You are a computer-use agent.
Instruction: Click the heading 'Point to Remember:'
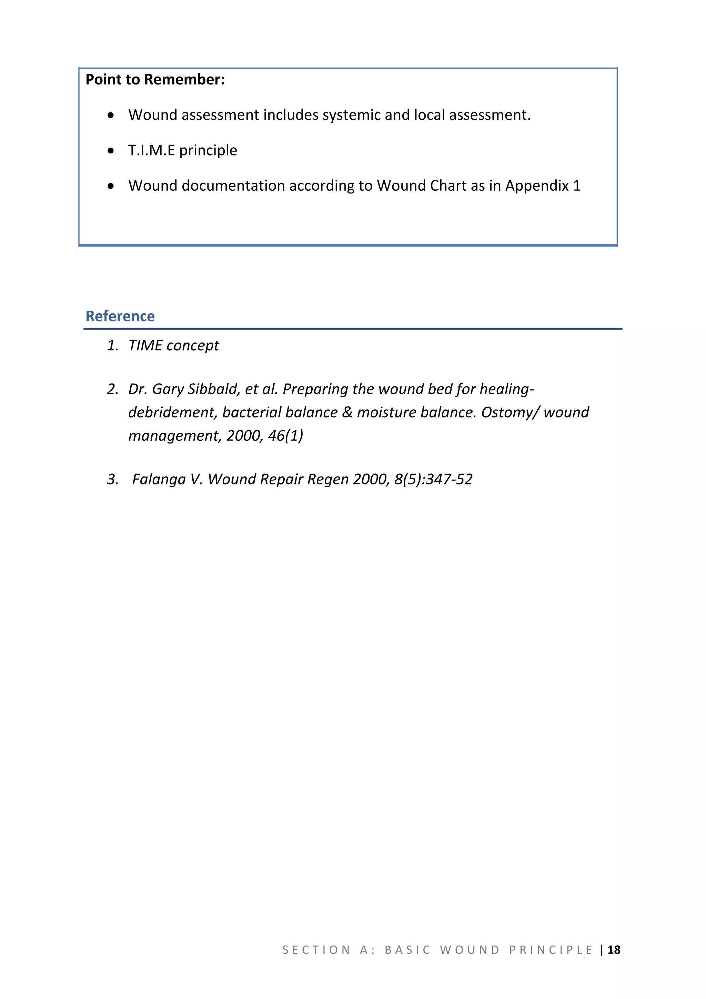(x=155, y=80)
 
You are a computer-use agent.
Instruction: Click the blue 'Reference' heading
(x=120, y=316)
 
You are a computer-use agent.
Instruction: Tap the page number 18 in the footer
(x=614, y=950)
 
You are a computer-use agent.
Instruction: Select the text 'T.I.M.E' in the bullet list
(x=151, y=151)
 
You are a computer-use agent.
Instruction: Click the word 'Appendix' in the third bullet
(x=537, y=186)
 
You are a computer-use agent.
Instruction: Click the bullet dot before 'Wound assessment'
(x=111, y=115)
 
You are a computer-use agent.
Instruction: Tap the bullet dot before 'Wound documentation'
(x=111, y=186)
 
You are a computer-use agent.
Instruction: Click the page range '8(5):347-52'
(x=433, y=479)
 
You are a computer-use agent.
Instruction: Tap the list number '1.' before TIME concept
(x=113, y=346)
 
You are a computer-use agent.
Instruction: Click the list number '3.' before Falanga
(x=113, y=479)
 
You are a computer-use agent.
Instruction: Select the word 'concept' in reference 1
(x=193, y=346)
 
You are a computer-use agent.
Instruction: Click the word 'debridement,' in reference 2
(x=173, y=412)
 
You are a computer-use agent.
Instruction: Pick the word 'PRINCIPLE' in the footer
(x=551, y=950)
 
